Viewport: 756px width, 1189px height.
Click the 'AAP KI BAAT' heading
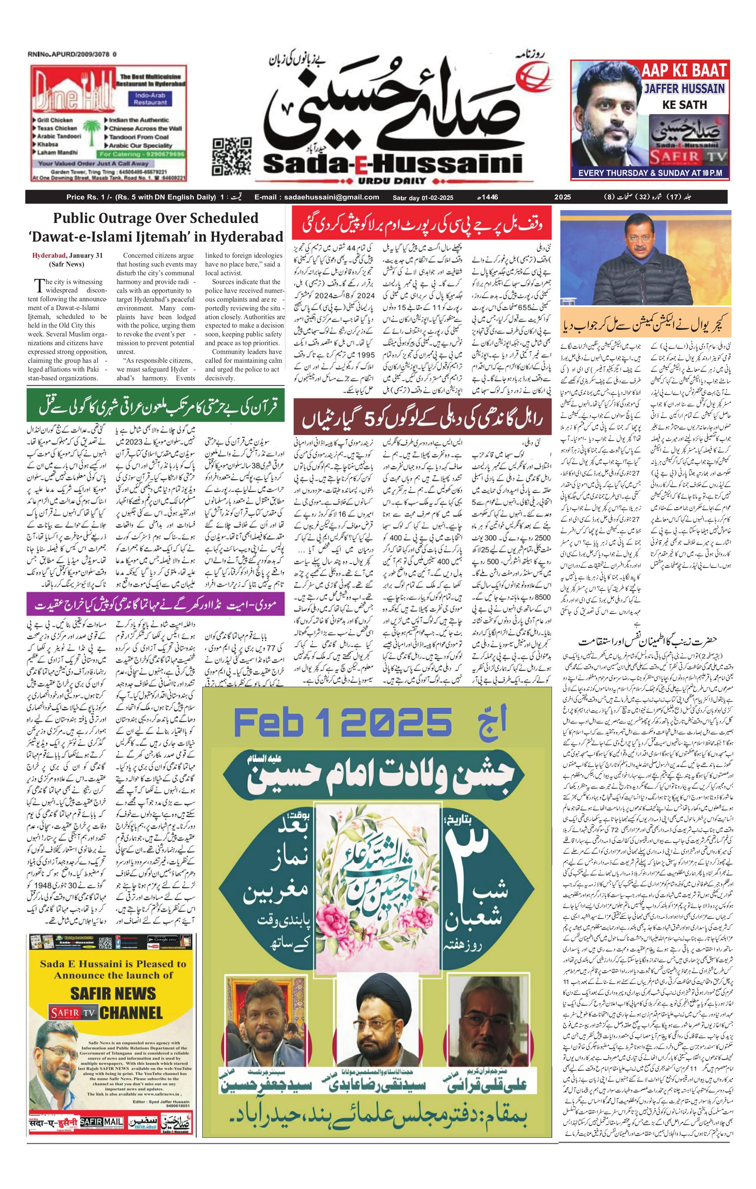pos(684,71)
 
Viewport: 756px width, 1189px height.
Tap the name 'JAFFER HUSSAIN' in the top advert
pos(684,89)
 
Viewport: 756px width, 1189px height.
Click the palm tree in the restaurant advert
pos(92,134)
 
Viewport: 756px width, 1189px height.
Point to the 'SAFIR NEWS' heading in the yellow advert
pos(113,994)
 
